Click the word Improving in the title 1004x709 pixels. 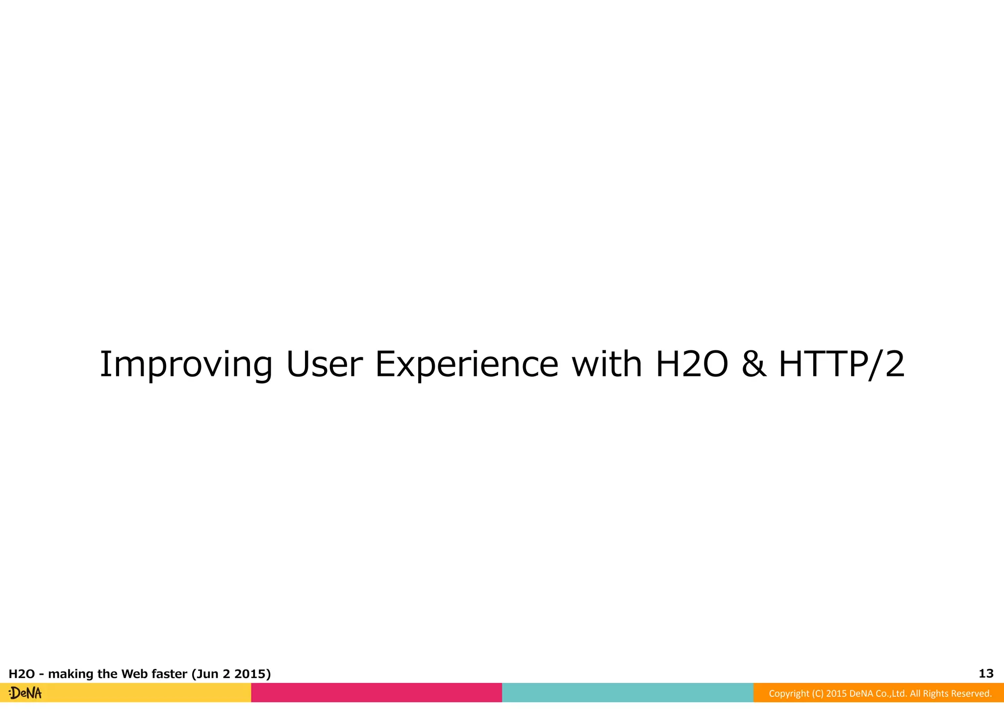[185, 365]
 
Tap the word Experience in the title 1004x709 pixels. [467, 365]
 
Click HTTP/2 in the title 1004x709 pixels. [841, 365]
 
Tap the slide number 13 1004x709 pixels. [986, 674]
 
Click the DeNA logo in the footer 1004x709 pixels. [25, 693]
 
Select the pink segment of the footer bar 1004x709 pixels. [376, 693]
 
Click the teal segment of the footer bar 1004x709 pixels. [627, 693]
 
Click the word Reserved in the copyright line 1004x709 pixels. [973, 694]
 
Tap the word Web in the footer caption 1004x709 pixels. [134, 674]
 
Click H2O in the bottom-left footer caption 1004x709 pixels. [22, 674]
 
